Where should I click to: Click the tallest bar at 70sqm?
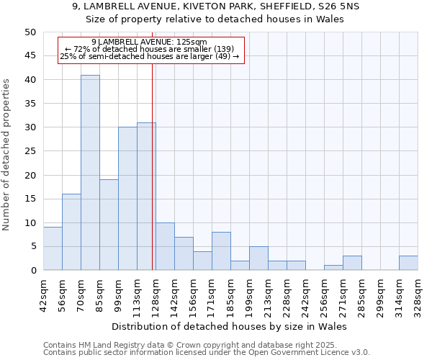(x=90, y=173)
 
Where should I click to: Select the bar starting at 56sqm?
(x=71, y=232)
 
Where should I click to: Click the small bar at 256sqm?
(x=333, y=268)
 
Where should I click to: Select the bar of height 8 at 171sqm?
(x=221, y=251)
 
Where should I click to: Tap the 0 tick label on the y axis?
(x=33, y=271)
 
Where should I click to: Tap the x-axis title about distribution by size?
(x=230, y=326)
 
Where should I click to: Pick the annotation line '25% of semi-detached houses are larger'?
(x=149, y=56)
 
